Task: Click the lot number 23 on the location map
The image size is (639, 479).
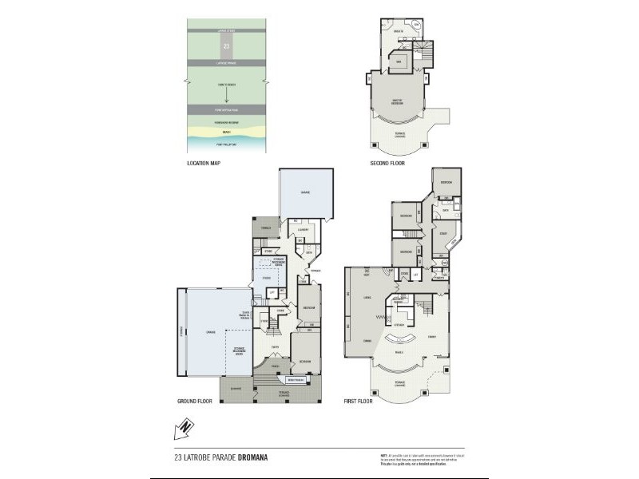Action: (227, 47)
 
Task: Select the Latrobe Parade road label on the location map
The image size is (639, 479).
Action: (227, 61)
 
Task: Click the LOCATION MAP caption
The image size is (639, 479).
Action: (203, 163)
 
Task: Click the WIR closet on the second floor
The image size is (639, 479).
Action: (396, 62)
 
